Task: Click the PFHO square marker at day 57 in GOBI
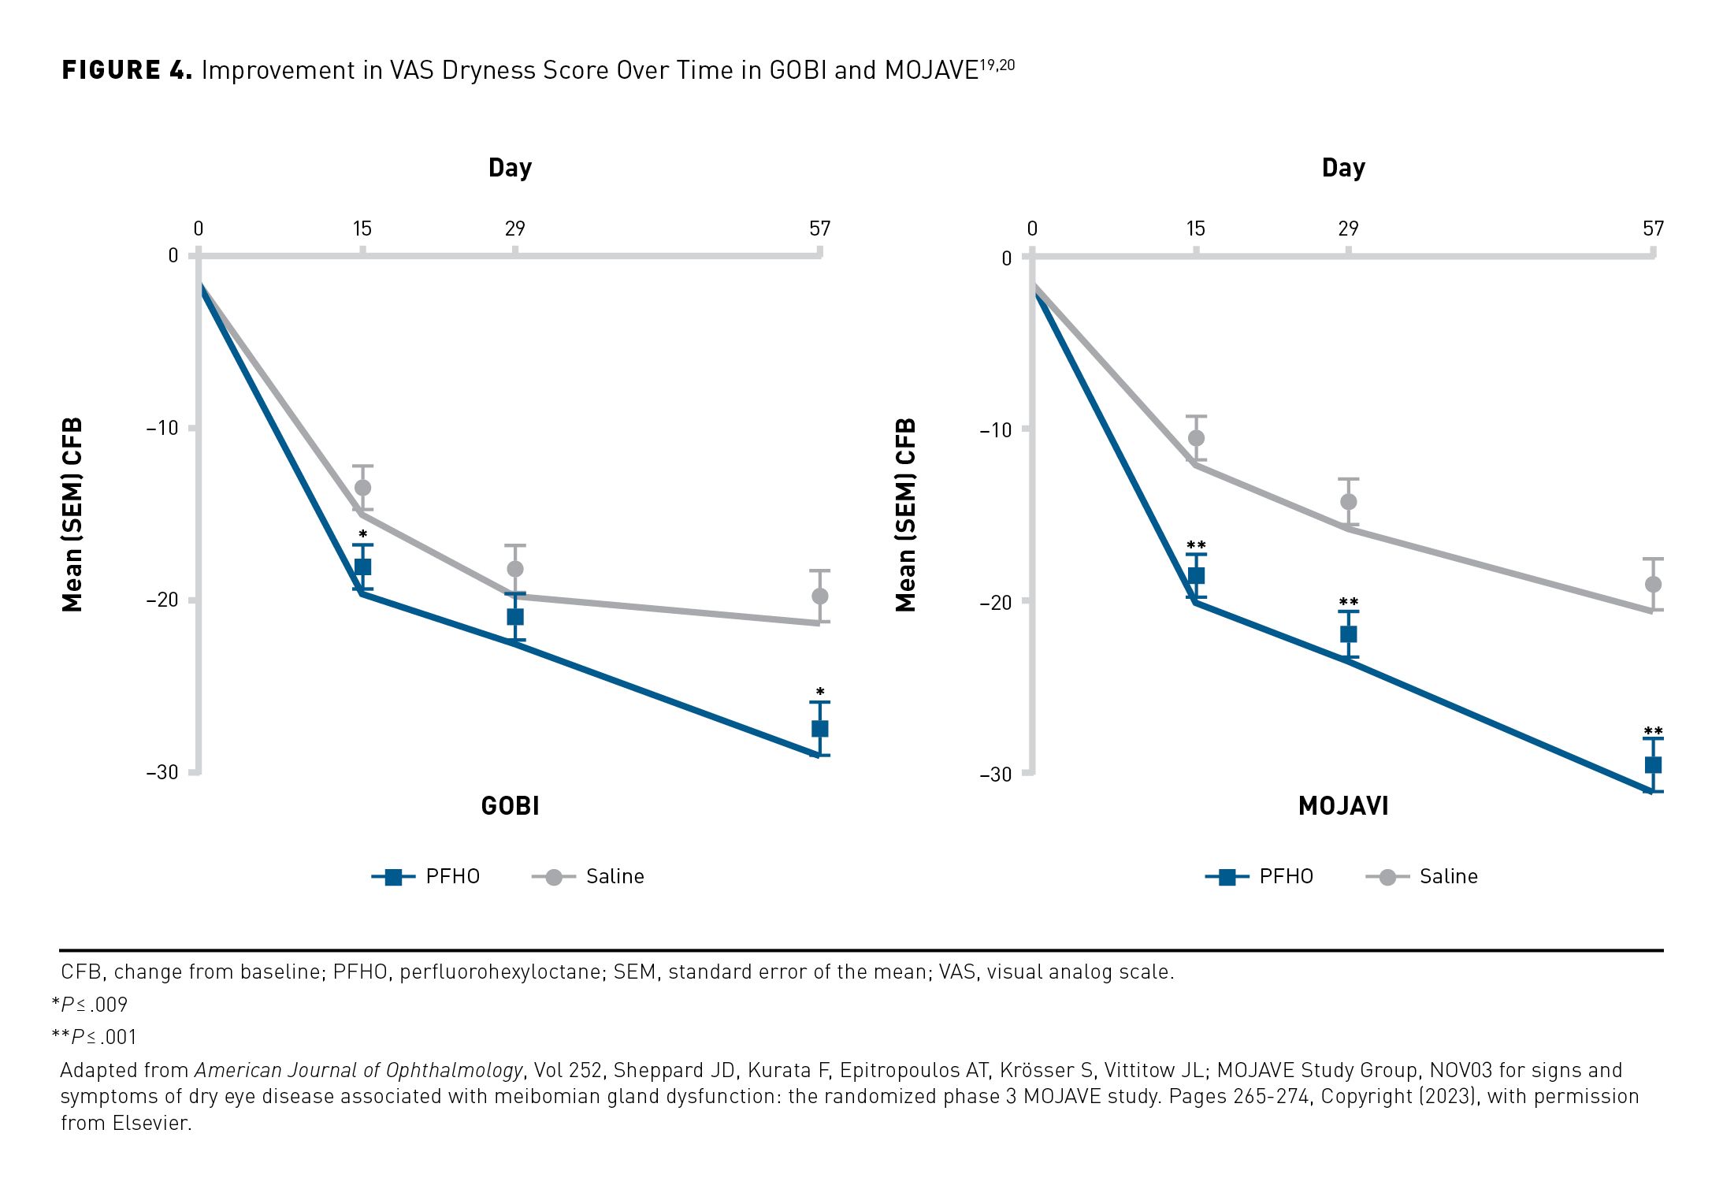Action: click(819, 729)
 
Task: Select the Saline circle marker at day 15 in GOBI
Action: click(362, 488)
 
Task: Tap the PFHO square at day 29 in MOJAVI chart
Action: click(1348, 634)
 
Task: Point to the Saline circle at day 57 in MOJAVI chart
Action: click(1653, 585)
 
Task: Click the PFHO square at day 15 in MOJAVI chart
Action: click(1196, 576)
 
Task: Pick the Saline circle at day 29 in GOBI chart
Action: click(515, 569)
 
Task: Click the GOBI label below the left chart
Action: click(511, 806)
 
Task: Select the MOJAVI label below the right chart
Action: click(1343, 806)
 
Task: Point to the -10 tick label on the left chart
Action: click(162, 428)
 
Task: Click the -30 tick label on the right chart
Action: click(996, 774)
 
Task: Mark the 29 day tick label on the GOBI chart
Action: click(514, 229)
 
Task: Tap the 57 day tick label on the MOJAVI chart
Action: click(1653, 229)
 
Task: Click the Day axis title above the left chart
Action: click(511, 168)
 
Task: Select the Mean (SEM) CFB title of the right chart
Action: click(906, 515)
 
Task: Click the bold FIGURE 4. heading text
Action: click(127, 70)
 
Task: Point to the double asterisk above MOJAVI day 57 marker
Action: click(1653, 731)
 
